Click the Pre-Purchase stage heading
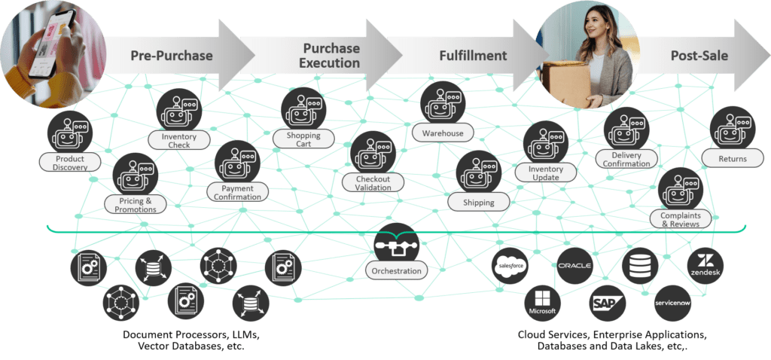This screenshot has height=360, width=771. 172,56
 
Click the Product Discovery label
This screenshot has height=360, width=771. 69,162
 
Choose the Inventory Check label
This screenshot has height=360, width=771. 178,140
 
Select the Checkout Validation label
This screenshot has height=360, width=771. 373,183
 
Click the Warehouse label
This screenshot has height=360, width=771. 443,133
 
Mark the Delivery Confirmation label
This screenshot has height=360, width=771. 626,159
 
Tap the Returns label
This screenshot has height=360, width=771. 732,158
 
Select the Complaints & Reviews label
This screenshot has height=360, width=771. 680,218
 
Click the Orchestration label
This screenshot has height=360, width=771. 396,270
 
